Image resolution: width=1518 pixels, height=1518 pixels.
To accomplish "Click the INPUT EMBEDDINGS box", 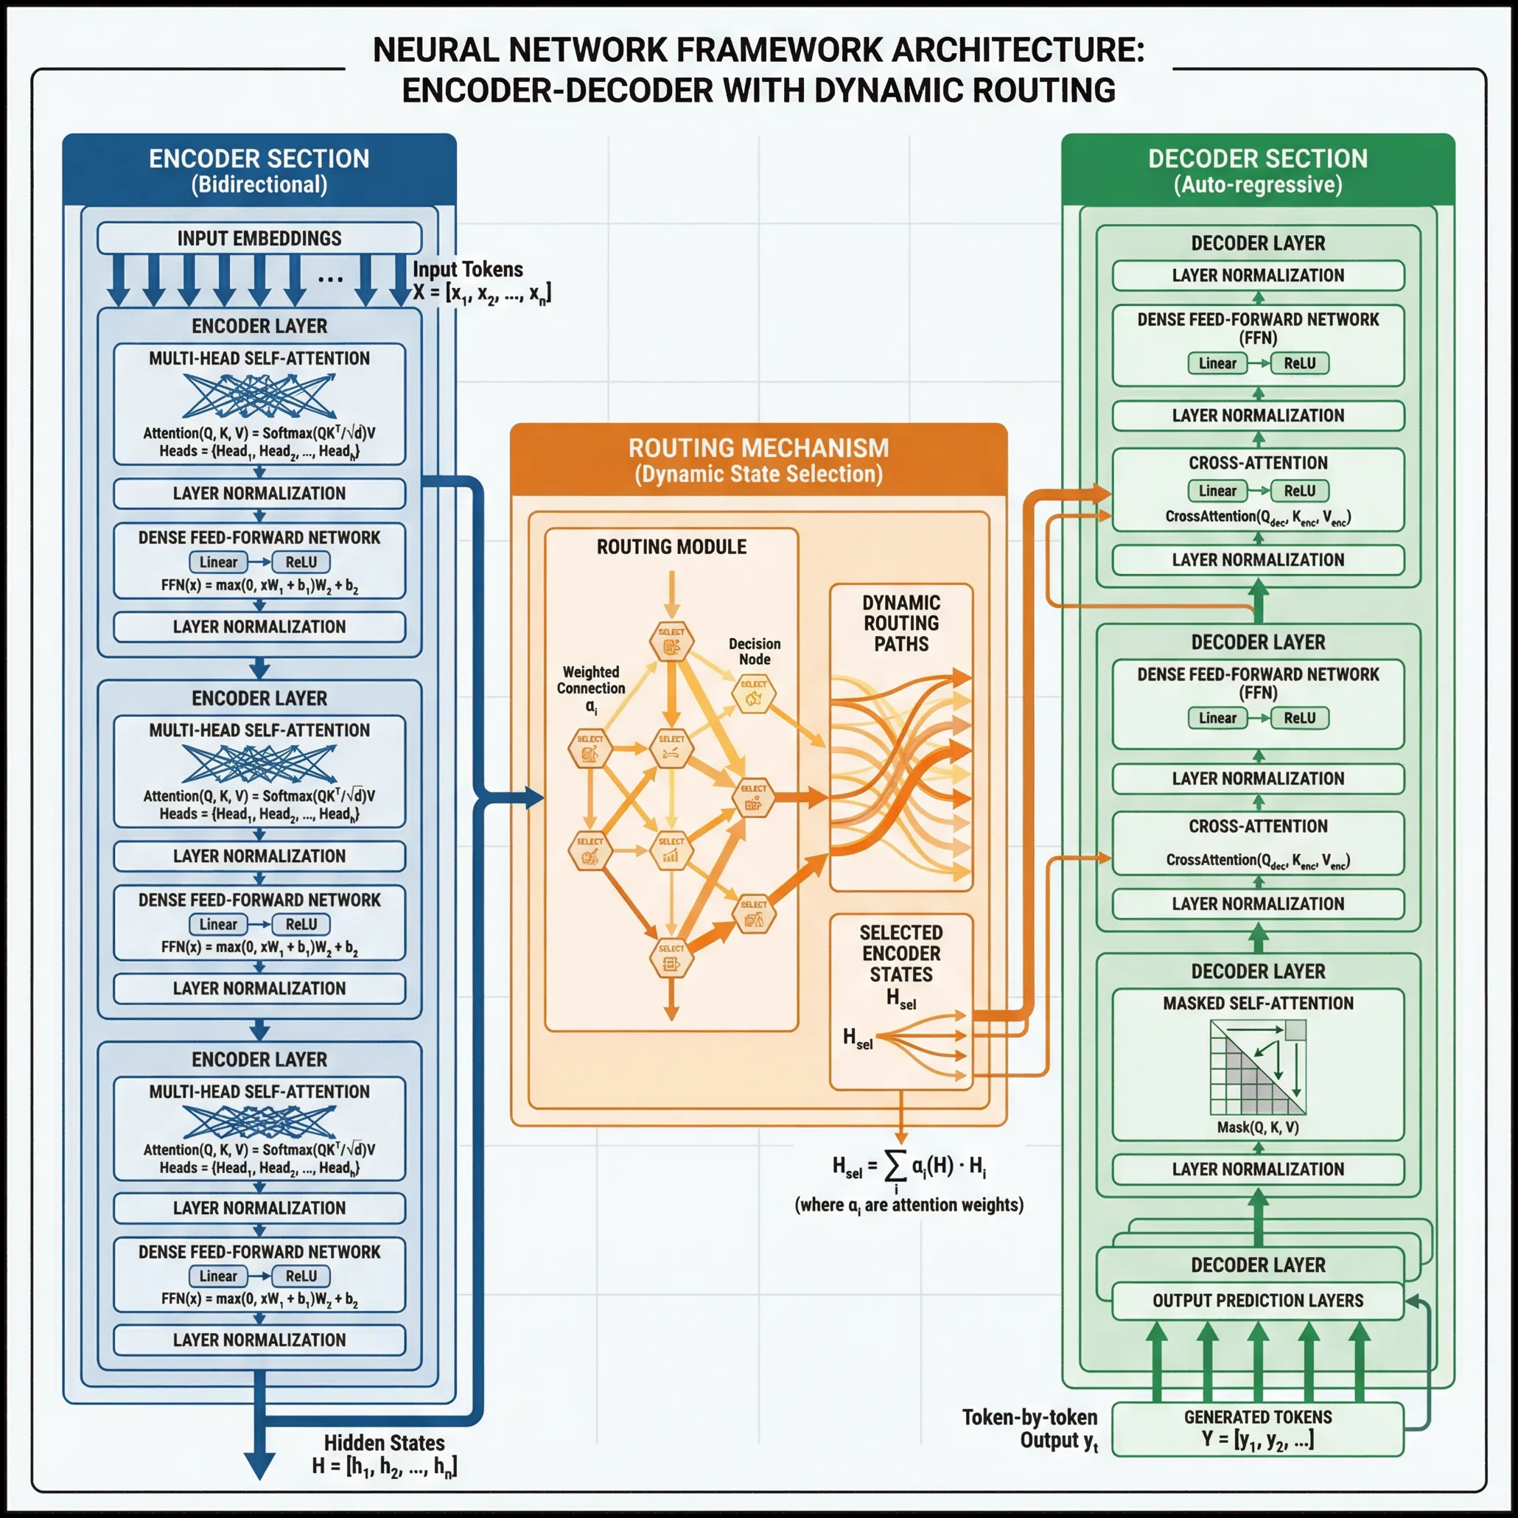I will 259,238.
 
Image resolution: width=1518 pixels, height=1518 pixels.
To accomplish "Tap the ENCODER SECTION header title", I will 259,158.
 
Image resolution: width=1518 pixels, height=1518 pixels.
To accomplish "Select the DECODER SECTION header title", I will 1258,158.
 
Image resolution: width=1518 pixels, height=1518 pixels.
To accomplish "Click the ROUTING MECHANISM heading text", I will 758,448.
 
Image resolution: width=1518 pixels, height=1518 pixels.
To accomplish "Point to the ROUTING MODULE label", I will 671,547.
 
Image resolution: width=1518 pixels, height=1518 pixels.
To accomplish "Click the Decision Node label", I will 755,651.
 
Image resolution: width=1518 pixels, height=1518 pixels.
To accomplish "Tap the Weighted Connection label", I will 591,680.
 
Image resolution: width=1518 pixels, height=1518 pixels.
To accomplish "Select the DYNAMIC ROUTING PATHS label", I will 901,623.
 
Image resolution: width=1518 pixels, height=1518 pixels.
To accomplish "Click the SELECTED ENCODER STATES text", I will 901,953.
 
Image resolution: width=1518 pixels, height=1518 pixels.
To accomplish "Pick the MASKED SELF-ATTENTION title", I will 1258,1004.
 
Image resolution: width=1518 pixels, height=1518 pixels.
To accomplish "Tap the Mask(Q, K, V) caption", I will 1258,1127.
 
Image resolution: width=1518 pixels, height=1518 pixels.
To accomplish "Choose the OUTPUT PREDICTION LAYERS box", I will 1258,1301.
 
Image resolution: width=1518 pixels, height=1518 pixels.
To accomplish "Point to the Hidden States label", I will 384,1443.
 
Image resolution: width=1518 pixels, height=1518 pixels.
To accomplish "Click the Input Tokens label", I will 468,270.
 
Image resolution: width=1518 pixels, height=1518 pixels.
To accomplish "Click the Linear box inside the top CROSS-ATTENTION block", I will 1217,491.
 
